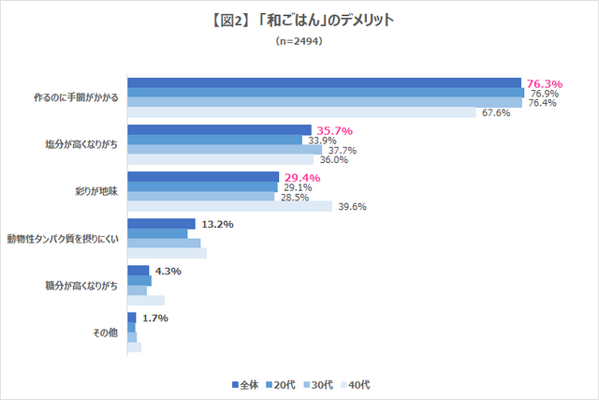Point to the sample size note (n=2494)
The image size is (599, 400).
(299, 41)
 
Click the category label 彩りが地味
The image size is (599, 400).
(98, 191)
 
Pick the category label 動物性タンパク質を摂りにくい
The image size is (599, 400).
(63, 239)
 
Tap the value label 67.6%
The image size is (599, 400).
(496, 113)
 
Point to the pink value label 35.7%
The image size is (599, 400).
(334, 130)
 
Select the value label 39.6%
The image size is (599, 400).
(351, 207)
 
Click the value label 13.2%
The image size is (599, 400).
(217, 225)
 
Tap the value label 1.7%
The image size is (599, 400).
(154, 319)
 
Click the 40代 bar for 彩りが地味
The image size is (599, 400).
(229, 207)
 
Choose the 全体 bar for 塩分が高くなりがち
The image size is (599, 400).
(219, 129)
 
